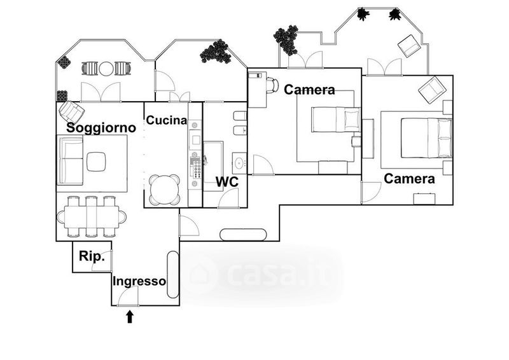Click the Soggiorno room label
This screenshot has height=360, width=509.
(102, 127)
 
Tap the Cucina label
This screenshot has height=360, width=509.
(167, 120)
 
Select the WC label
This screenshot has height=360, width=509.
(227, 182)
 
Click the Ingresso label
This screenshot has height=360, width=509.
(139, 280)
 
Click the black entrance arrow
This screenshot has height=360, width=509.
(130, 316)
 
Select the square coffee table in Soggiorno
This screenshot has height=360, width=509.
(96, 162)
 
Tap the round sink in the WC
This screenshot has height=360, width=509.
(239, 160)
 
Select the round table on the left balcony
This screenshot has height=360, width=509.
(106, 68)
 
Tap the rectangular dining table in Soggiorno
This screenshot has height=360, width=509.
(91, 216)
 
